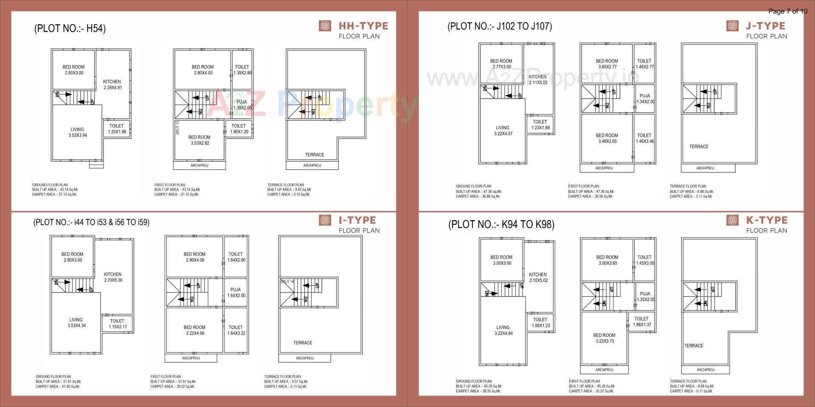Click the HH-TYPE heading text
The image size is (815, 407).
363,26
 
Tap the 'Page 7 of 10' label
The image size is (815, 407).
787,11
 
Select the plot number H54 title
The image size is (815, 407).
70,28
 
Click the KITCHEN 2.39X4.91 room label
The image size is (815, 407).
112,85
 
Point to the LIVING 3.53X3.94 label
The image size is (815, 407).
77,132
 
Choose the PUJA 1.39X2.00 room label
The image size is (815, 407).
242,105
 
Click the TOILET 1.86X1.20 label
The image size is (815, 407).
239,129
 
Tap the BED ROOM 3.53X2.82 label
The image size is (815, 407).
199,140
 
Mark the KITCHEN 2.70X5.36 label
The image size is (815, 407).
113,277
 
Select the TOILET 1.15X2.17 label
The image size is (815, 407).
117,324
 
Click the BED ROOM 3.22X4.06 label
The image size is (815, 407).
194,330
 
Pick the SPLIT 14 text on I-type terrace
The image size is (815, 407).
287,282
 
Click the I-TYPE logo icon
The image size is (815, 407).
325,220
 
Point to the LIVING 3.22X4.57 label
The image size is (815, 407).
503,131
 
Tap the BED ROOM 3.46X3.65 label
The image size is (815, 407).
607,138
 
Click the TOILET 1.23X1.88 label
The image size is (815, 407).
540,125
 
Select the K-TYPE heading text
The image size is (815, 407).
767,220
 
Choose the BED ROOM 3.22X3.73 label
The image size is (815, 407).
604,338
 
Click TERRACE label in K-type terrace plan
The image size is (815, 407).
694,346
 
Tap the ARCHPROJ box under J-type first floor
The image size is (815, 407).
604,168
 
